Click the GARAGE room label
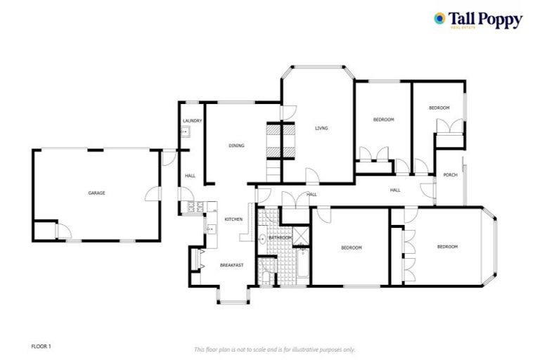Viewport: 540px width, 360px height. click(96, 193)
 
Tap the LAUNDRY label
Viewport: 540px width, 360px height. click(192, 121)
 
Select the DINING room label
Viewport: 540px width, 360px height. click(236, 146)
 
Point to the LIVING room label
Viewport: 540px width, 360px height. click(321, 128)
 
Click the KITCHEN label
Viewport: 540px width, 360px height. click(233, 219)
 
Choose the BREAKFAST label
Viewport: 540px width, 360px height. click(231, 265)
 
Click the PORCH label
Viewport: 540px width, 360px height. click(450, 175)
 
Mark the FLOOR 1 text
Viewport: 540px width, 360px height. click(41, 346)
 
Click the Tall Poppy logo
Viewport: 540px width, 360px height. click(477, 20)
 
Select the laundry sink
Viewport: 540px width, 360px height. click(186, 131)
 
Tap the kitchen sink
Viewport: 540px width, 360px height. click(210, 229)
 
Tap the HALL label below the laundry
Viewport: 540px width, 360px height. click(190, 175)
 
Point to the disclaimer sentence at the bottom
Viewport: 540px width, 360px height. click(274, 349)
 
